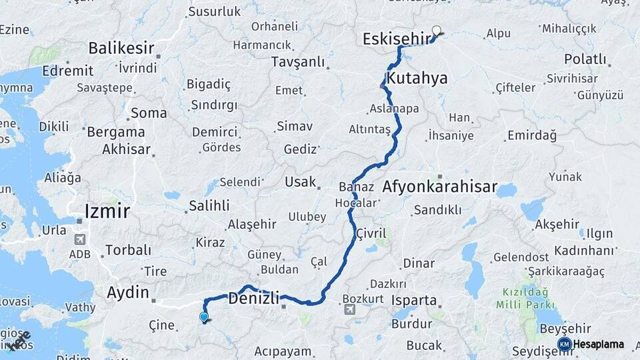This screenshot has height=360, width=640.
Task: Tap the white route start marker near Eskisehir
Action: (x=437, y=30)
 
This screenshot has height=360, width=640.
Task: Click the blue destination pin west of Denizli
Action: (x=204, y=318)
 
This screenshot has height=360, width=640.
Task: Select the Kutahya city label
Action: (x=417, y=79)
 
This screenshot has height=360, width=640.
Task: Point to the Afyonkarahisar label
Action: (x=440, y=187)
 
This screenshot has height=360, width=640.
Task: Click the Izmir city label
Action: (x=107, y=212)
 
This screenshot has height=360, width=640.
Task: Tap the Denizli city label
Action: (x=254, y=298)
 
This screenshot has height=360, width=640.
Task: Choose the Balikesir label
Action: (x=121, y=48)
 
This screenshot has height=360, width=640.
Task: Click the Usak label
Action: (x=300, y=182)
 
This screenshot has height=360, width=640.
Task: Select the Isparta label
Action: (x=414, y=300)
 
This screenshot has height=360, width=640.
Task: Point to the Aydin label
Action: (x=128, y=292)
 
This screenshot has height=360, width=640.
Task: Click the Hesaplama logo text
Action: (x=599, y=345)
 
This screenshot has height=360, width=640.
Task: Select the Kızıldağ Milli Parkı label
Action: (x=525, y=298)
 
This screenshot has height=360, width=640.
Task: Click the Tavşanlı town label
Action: (x=298, y=62)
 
